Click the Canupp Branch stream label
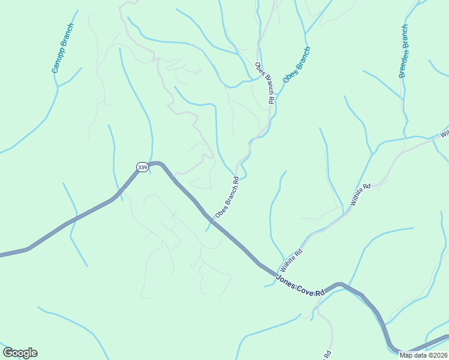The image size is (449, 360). point(62,49)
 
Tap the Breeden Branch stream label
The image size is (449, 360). point(403,51)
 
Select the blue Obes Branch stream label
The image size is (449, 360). point(297,64)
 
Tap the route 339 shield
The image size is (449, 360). point(142,167)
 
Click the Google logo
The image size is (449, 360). point(20,353)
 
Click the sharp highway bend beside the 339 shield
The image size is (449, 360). point(157,163)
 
